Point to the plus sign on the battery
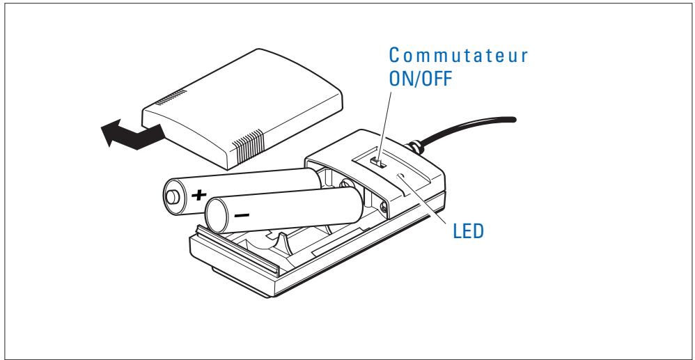click(x=200, y=195)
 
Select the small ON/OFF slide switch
click(x=377, y=162)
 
